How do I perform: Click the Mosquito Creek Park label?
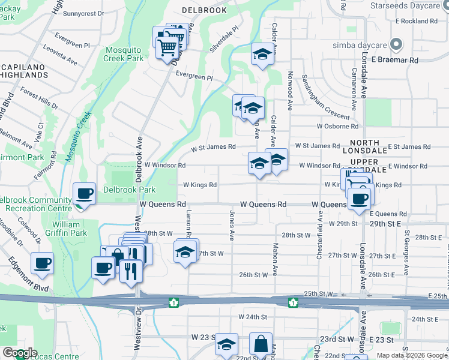click(x=123, y=54)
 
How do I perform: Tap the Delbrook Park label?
click(x=129, y=190)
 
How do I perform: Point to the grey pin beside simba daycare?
click(x=396, y=44)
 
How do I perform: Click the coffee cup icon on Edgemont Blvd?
click(x=42, y=263)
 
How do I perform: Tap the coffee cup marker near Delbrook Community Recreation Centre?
click(x=84, y=193)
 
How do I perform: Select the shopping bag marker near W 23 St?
click(x=261, y=344)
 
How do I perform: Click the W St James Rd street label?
click(x=213, y=148)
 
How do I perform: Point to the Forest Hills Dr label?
click(x=39, y=98)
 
